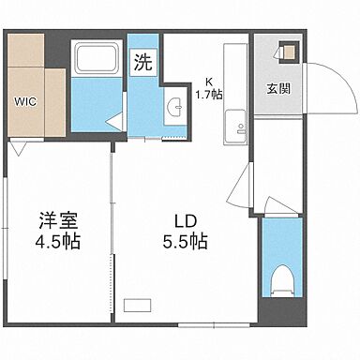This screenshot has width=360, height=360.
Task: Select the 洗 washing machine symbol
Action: coord(142,64)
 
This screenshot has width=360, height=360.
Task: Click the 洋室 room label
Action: coord(57,221)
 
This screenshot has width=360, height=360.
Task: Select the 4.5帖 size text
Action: coord(57,242)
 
